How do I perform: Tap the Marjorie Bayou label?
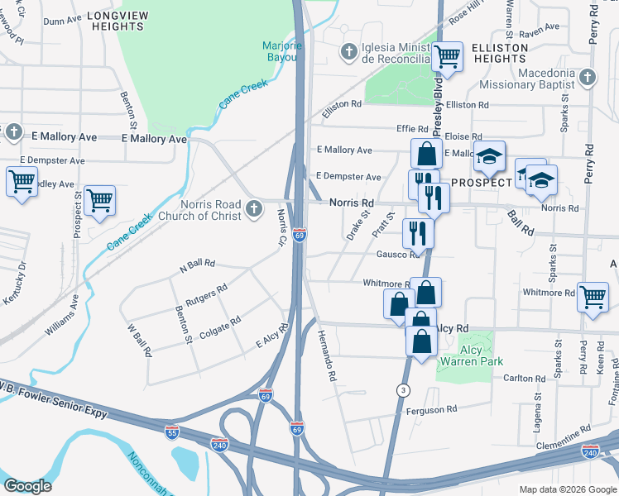[x=285, y=51]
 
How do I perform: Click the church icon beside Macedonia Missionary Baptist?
[x=587, y=78]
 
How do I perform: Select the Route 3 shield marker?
[x=403, y=389]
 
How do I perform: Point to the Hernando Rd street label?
[x=325, y=355]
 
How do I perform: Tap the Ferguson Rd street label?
[x=430, y=410]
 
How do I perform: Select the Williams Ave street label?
[x=62, y=318]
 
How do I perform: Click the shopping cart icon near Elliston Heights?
[x=447, y=56]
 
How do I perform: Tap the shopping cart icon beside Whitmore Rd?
[x=593, y=296]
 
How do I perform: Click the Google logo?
[x=27, y=486]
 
